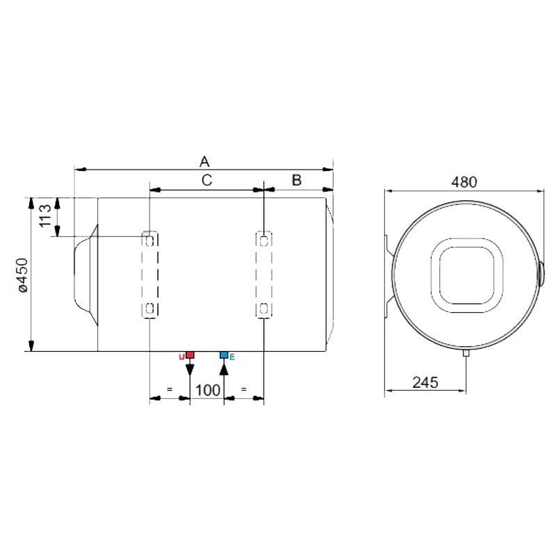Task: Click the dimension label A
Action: pyautogui.click(x=204, y=161)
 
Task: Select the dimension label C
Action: pyautogui.click(x=206, y=181)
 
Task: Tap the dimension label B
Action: pyautogui.click(x=296, y=181)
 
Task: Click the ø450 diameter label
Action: pyautogui.click(x=22, y=275)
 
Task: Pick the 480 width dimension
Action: pyautogui.click(x=464, y=182)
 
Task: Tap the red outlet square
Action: pyautogui.click(x=190, y=355)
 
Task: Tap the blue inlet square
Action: pyautogui.click(x=224, y=355)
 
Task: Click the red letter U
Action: pyautogui.click(x=182, y=357)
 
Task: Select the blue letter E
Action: pyautogui.click(x=232, y=357)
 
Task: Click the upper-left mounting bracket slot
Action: pyautogui.click(x=149, y=240)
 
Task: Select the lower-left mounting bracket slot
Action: pyautogui.click(x=149, y=308)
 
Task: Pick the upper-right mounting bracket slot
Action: pyautogui.click(x=264, y=240)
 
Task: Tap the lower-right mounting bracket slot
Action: pyautogui.click(x=264, y=308)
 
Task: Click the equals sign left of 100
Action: pyautogui.click(x=169, y=389)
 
